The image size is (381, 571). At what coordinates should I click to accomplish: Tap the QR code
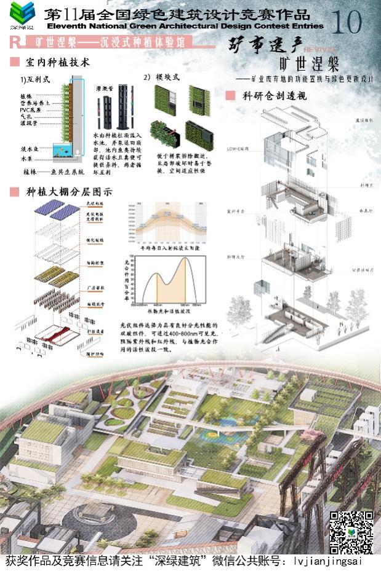point(351,531)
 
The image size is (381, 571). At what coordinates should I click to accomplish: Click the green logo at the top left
point(23,14)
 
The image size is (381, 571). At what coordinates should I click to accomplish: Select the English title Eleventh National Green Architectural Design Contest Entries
point(185,27)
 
